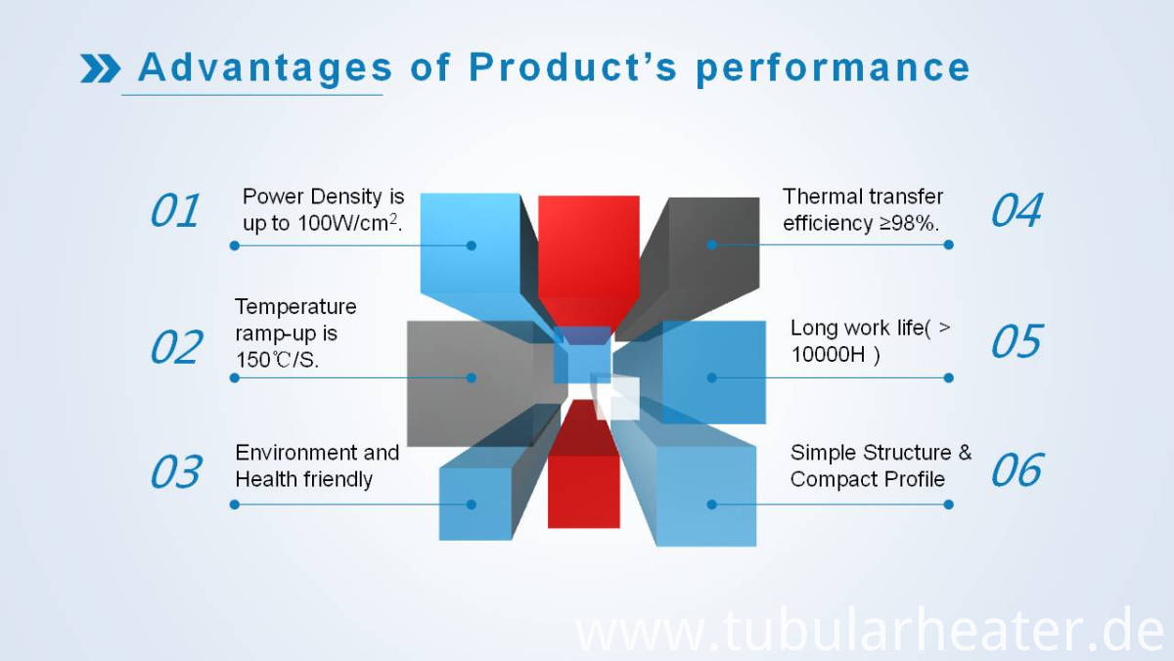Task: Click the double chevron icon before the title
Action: click(x=100, y=68)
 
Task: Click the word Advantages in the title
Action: click(x=265, y=68)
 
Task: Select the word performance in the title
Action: click(x=834, y=69)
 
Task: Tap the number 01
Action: click(x=175, y=210)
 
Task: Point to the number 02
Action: click(x=175, y=347)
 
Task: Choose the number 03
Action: click(x=175, y=471)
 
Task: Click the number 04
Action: click(x=1016, y=210)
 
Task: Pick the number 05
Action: click(x=1017, y=341)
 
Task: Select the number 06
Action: click(x=1016, y=469)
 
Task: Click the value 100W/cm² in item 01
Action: click(x=348, y=223)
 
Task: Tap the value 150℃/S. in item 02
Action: click(x=277, y=360)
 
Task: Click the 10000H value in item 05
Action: click(x=828, y=355)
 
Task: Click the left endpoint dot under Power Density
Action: click(x=235, y=245)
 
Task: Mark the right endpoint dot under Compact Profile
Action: click(x=948, y=505)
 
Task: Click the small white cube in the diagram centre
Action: click(x=618, y=398)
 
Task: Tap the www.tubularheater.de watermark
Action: click(x=870, y=633)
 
